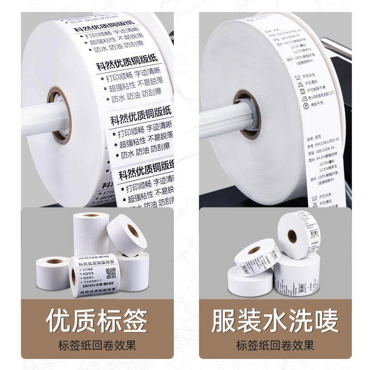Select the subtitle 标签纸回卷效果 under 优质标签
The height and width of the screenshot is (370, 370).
(x=97, y=345)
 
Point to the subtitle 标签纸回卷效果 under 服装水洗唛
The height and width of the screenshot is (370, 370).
(x=275, y=345)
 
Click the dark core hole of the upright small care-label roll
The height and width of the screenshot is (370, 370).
(x=292, y=236)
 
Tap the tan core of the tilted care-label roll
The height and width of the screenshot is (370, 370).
(x=254, y=250)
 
